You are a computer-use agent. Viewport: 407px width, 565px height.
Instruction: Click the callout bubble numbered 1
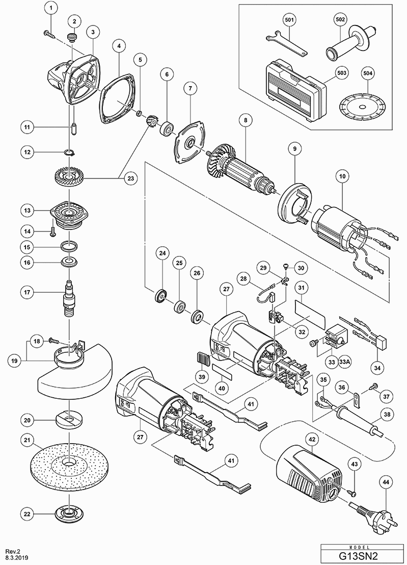[51, 8]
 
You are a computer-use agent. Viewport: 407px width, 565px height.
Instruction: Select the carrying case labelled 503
[292, 90]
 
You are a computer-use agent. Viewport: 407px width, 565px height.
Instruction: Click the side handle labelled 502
[349, 43]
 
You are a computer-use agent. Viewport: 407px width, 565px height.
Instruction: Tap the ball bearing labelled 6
[166, 129]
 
